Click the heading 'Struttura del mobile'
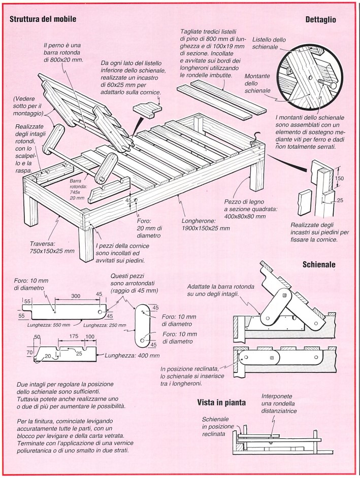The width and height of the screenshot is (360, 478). point(44,20)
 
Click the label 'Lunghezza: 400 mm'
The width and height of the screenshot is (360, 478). point(133,355)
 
